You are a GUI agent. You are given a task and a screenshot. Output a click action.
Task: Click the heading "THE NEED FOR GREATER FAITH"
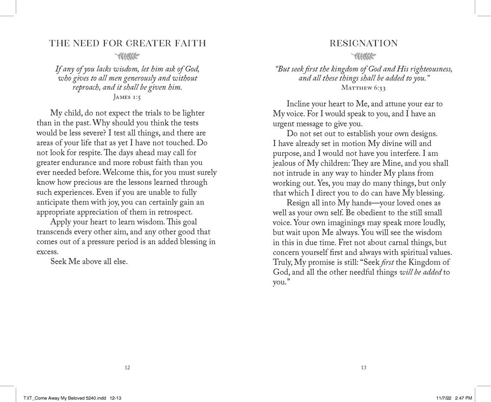pos(127,43)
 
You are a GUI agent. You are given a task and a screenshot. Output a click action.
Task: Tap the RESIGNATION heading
pos(364,43)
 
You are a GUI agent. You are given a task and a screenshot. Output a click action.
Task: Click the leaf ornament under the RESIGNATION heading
pos(364,56)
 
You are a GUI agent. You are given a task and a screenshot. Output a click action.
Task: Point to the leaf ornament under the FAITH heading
pos(127,56)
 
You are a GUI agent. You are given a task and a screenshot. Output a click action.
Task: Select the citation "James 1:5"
pos(127,97)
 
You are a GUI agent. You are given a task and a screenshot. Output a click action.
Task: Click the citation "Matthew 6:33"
pos(364,87)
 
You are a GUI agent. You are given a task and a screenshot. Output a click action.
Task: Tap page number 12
pos(127,367)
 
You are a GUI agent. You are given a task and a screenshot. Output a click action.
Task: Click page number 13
pos(364,367)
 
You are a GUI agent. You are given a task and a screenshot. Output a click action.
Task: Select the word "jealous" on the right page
pos(286,163)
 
